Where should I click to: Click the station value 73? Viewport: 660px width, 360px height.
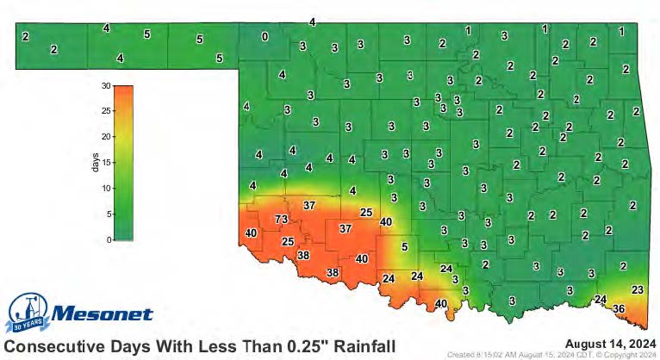281,220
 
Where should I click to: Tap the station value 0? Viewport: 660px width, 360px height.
265,36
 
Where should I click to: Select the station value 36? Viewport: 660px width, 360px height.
618,308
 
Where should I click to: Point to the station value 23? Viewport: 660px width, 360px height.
638,289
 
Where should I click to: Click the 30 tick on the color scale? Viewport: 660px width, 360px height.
104,85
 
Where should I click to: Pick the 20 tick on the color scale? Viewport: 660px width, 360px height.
104,137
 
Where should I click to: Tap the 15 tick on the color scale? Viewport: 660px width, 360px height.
104,163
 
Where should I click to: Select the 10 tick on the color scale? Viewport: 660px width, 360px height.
104,189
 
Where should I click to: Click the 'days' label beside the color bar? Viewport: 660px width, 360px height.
95,163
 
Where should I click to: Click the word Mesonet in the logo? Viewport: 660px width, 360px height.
102,314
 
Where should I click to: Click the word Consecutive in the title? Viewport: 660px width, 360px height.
55,346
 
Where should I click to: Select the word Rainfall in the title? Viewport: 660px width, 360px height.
361,346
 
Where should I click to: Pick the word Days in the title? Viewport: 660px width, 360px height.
134,346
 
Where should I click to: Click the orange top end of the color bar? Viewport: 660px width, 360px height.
123,90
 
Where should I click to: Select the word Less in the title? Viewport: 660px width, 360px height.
202,346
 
